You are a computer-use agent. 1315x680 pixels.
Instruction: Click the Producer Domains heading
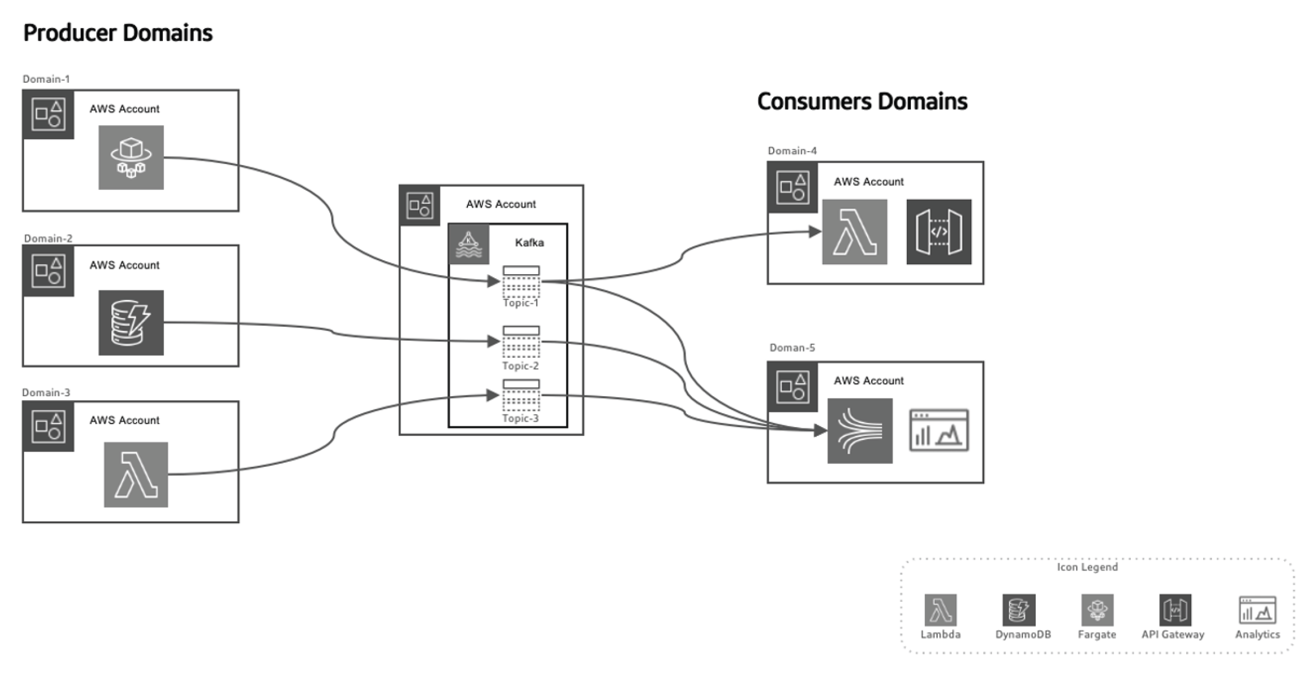pyautogui.click(x=118, y=32)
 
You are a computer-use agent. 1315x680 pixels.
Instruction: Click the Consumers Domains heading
pyautogui.click(x=862, y=101)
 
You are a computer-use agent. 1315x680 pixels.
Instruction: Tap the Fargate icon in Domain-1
pyautogui.click(x=131, y=157)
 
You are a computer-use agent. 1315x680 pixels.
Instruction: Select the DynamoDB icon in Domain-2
pyautogui.click(x=131, y=322)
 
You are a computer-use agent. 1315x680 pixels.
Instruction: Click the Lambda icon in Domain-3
pyautogui.click(x=136, y=475)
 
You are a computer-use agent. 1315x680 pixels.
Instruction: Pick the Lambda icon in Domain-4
pyautogui.click(x=854, y=232)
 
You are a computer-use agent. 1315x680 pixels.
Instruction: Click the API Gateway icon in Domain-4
pyautogui.click(x=938, y=232)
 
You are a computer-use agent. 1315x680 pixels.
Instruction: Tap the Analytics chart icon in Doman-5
pyautogui.click(x=938, y=430)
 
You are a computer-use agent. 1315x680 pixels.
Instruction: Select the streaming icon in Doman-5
pyautogui.click(x=859, y=430)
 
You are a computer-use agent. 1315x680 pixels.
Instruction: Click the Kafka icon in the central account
pyautogui.click(x=469, y=245)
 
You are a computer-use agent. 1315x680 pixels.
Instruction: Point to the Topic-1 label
pyautogui.click(x=520, y=303)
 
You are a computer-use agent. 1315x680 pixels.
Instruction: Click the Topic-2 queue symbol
pyautogui.click(x=521, y=341)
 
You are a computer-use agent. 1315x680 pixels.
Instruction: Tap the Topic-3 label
pyautogui.click(x=520, y=418)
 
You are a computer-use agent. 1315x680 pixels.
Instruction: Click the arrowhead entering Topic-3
pyautogui.click(x=493, y=395)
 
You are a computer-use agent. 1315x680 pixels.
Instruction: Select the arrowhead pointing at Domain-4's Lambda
pyautogui.click(x=815, y=232)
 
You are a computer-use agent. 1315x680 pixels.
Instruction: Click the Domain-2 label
pyautogui.click(x=48, y=238)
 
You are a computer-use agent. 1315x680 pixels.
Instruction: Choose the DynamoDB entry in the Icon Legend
pyautogui.click(x=1019, y=610)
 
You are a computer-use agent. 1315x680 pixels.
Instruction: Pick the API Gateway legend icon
pyautogui.click(x=1174, y=610)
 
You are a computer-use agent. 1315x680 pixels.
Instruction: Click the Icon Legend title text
pyautogui.click(x=1087, y=567)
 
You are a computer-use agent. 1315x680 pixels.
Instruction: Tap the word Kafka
pyautogui.click(x=529, y=242)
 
